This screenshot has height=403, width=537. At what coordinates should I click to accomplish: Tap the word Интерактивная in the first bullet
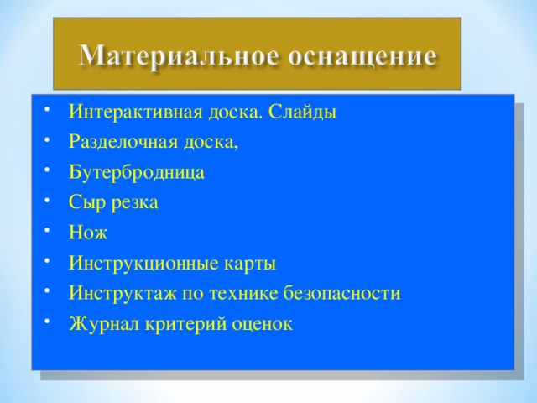127,113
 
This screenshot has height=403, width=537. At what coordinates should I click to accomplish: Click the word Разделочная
119,142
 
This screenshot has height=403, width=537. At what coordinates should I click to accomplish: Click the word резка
133,203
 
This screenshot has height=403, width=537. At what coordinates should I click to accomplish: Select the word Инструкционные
139,264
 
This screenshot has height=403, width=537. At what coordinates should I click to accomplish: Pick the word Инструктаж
118,294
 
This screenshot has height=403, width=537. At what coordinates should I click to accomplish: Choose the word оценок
260,324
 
